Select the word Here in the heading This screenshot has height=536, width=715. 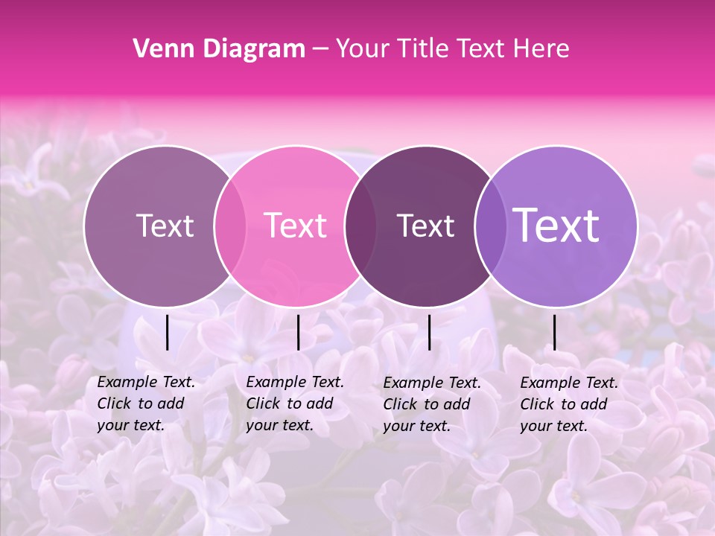542,49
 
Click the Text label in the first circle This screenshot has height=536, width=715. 165,226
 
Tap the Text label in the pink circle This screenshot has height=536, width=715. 296,226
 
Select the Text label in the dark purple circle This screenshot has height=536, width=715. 426,226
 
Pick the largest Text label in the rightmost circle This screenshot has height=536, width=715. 556,226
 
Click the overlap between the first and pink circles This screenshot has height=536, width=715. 230,226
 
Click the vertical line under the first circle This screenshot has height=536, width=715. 168,332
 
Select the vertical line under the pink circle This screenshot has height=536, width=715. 298,332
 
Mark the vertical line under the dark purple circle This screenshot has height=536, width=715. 430,332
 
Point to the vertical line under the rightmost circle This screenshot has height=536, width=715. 555,332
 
